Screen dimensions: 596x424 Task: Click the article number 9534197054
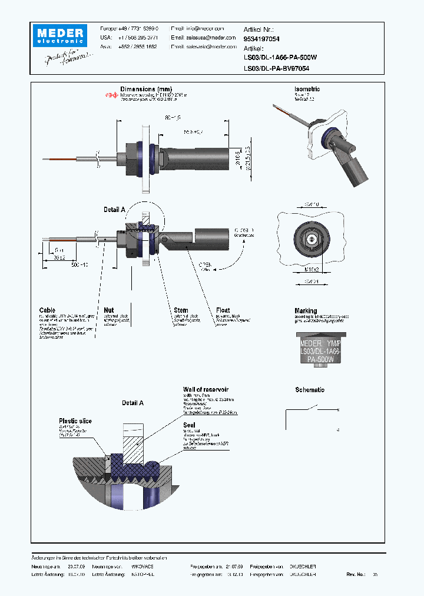[262, 38]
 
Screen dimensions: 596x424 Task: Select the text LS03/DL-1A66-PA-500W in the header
[280, 58]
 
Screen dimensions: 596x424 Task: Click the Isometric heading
[307, 89]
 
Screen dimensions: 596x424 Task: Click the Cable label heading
[47, 310]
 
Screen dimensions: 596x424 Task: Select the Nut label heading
[108, 310]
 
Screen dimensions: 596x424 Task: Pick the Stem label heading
[181, 310]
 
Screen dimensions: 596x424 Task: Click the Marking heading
[306, 310]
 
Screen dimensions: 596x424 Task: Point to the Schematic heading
[310, 390]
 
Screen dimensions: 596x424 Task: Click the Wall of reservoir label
[206, 389]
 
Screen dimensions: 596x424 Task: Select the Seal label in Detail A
[189, 425]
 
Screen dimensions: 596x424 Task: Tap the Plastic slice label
[75, 420]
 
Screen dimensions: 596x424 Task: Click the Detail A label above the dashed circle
[114, 210]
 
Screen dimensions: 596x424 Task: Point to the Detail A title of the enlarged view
[132, 403]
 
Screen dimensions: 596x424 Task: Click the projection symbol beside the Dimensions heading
[112, 95]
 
